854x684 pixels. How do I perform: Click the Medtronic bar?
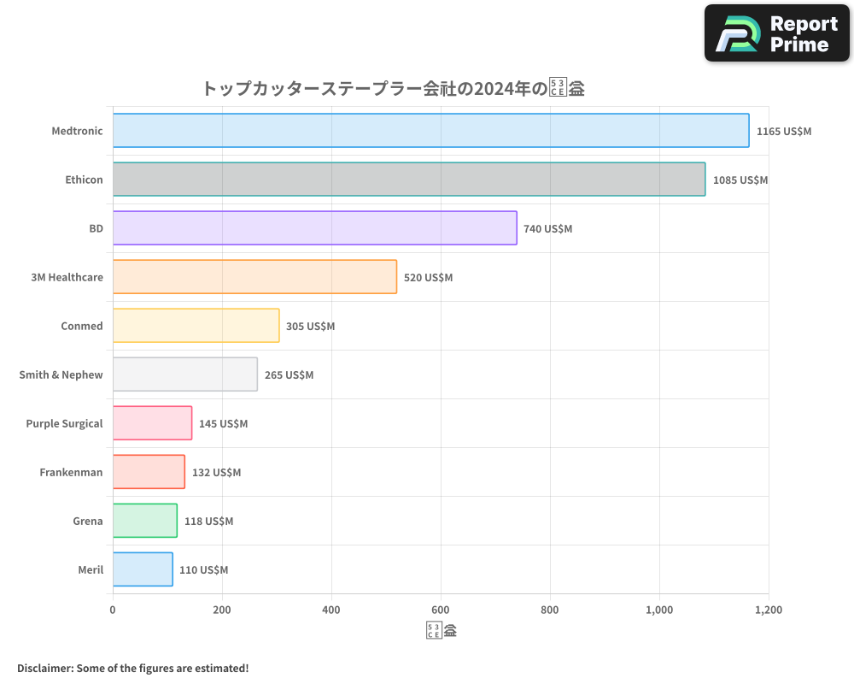(x=430, y=131)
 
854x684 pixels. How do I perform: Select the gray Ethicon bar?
(x=409, y=180)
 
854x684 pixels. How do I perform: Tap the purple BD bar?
(x=314, y=228)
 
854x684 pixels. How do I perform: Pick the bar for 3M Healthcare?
(x=254, y=277)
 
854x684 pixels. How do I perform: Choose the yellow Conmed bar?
(x=196, y=326)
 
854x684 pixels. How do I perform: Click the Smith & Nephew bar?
(x=184, y=374)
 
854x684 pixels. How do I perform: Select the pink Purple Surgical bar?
(x=152, y=423)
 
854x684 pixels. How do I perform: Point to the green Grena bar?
(x=144, y=521)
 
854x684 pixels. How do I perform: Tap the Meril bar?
(x=143, y=569)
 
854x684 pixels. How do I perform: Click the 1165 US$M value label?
(x=784, y=132)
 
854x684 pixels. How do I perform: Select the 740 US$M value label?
(x=547, y=229)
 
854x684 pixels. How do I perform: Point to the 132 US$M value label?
(x=216, y=473)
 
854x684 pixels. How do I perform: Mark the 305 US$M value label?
(x=310, y=327)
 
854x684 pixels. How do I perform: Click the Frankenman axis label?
(x=71, y=472)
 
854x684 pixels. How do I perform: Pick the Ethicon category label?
(x=84, y=180)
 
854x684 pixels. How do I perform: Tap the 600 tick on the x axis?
(x=441, y=610)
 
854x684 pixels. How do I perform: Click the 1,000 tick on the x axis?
(x=659, y=610)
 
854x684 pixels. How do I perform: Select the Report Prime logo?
(x=776, y=33)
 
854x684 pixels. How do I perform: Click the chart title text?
(x=393, y=88)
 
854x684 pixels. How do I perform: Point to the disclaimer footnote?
(x=132, y=668)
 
